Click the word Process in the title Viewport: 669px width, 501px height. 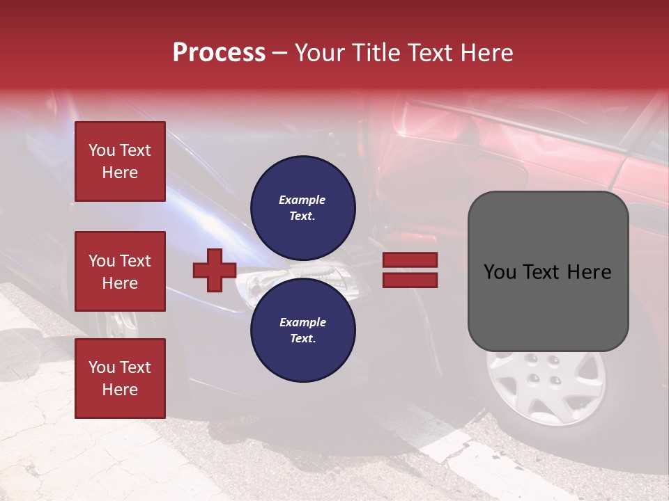219,53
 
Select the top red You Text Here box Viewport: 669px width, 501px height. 120,161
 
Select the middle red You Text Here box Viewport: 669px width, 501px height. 120,271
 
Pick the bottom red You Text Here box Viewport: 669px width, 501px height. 120,378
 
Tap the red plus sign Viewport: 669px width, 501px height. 215,270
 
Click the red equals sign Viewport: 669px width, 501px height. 410,270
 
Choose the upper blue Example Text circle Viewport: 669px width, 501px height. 303,207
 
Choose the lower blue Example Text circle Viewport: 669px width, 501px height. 303,330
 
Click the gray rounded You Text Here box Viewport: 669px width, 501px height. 548,271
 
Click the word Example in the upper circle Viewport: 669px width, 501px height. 302,200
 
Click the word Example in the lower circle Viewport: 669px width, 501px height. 302,322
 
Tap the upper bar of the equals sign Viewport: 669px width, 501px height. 410,260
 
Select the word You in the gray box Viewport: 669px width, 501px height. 499,272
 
